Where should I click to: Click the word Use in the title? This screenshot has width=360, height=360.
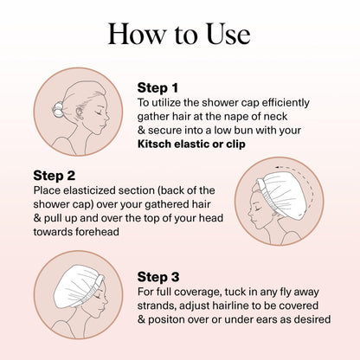point(228,34)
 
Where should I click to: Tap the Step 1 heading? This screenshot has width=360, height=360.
point(157,88)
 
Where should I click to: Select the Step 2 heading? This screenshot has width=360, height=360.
point(55,176)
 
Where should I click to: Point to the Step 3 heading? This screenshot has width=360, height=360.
point(158,277)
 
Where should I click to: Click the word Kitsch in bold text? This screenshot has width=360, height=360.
point(154,144)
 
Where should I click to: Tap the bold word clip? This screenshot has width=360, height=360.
point(235,144)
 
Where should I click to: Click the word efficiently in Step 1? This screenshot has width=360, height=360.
point(286,103)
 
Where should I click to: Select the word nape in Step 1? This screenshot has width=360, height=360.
point(235,118)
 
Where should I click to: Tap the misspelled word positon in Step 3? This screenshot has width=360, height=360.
point(166,320)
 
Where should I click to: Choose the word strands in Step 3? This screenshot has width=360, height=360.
point(157,305)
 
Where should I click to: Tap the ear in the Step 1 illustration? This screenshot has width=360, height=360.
point(79,112)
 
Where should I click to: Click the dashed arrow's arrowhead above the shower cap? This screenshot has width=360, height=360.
point(278,167)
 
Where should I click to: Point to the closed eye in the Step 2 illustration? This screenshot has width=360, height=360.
point(258,209)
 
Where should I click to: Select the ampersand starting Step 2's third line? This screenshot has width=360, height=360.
point(37,218)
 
